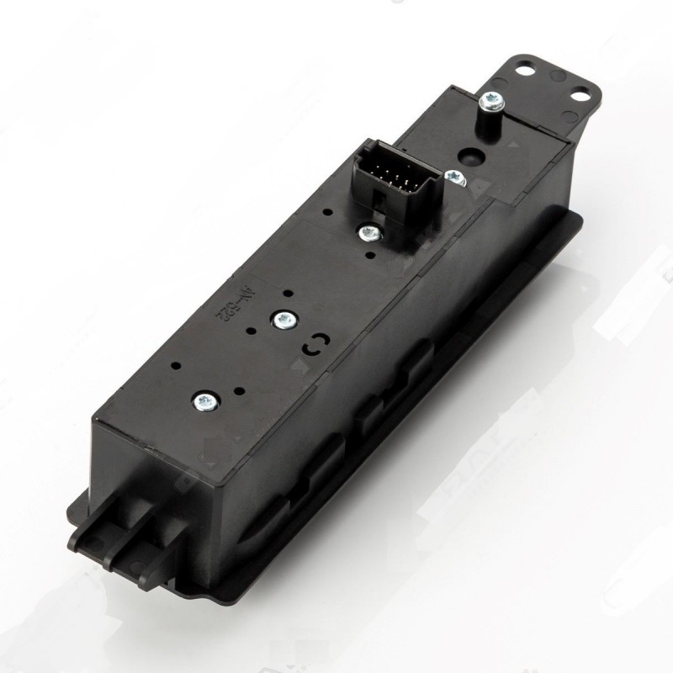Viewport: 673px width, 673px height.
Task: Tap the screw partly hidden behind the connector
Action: click(454, 177)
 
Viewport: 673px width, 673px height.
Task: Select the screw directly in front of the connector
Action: click(368, 232)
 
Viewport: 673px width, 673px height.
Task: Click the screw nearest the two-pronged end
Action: click(203, 402)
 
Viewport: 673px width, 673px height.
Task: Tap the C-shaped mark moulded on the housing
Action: click(313, 344)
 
